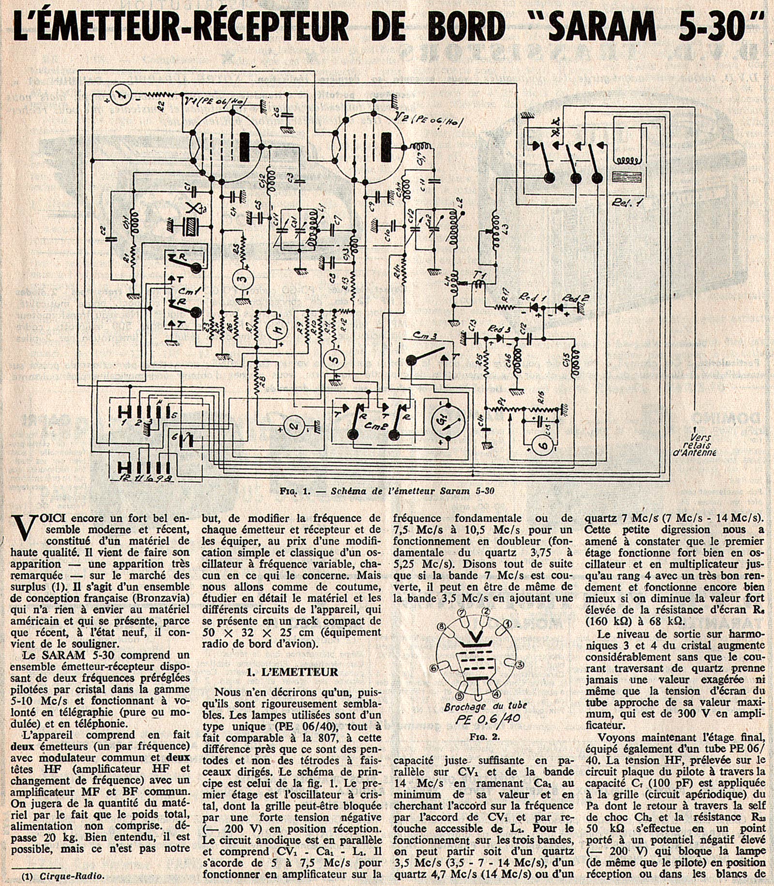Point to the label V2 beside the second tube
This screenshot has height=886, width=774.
pyautogui.click(x=401, y=116)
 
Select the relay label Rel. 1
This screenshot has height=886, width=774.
pyautogui.click(x=626, y=203)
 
